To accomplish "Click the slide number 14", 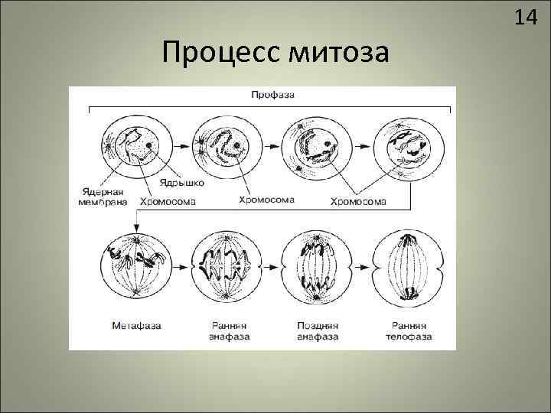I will tap(526, 18).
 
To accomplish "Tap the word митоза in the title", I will tap(337, 53).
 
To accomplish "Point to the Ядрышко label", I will tap(182, 184).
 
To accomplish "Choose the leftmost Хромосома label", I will tap(168, 202).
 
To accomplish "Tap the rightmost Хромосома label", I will tap(358, 202).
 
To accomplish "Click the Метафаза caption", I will tap(135, 325).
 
